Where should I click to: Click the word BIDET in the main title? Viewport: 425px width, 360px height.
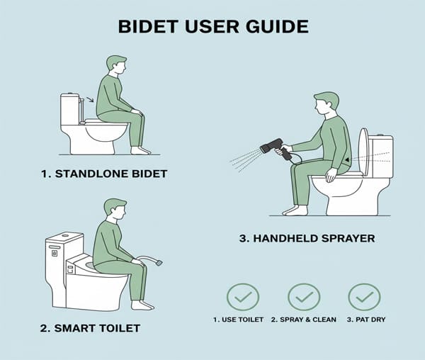coord(148,26)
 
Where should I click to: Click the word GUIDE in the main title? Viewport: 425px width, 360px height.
coord(277,26)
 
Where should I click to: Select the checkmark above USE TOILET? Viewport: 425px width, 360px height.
coord(243,297)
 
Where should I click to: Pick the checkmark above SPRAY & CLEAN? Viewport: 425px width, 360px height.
coord(304,297)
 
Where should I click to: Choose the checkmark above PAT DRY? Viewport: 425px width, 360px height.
coord(365,297)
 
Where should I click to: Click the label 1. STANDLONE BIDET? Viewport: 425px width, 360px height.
coord(104,174)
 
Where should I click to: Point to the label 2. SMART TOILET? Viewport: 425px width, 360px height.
coord(90,328)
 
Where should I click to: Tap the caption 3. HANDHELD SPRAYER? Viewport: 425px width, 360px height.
coord(307,239)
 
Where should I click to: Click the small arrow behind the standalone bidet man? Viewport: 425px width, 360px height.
coord(90,99)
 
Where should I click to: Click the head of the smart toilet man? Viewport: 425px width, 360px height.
coord(115,208)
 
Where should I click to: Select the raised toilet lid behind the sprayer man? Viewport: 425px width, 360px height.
coord(363,152)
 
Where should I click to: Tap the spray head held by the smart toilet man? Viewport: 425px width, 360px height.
coord(159,262)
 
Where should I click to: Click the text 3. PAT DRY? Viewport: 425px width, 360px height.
coord(366,320)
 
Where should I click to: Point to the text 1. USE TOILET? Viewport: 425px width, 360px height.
coord(238,320)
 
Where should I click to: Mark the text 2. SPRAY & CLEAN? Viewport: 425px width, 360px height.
coord(304,320)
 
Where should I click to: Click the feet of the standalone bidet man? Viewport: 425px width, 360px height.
coord(140,150)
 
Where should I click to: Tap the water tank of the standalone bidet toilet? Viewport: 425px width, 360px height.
coord(70,109)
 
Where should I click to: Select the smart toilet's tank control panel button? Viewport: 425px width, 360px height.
coord(55,253)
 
